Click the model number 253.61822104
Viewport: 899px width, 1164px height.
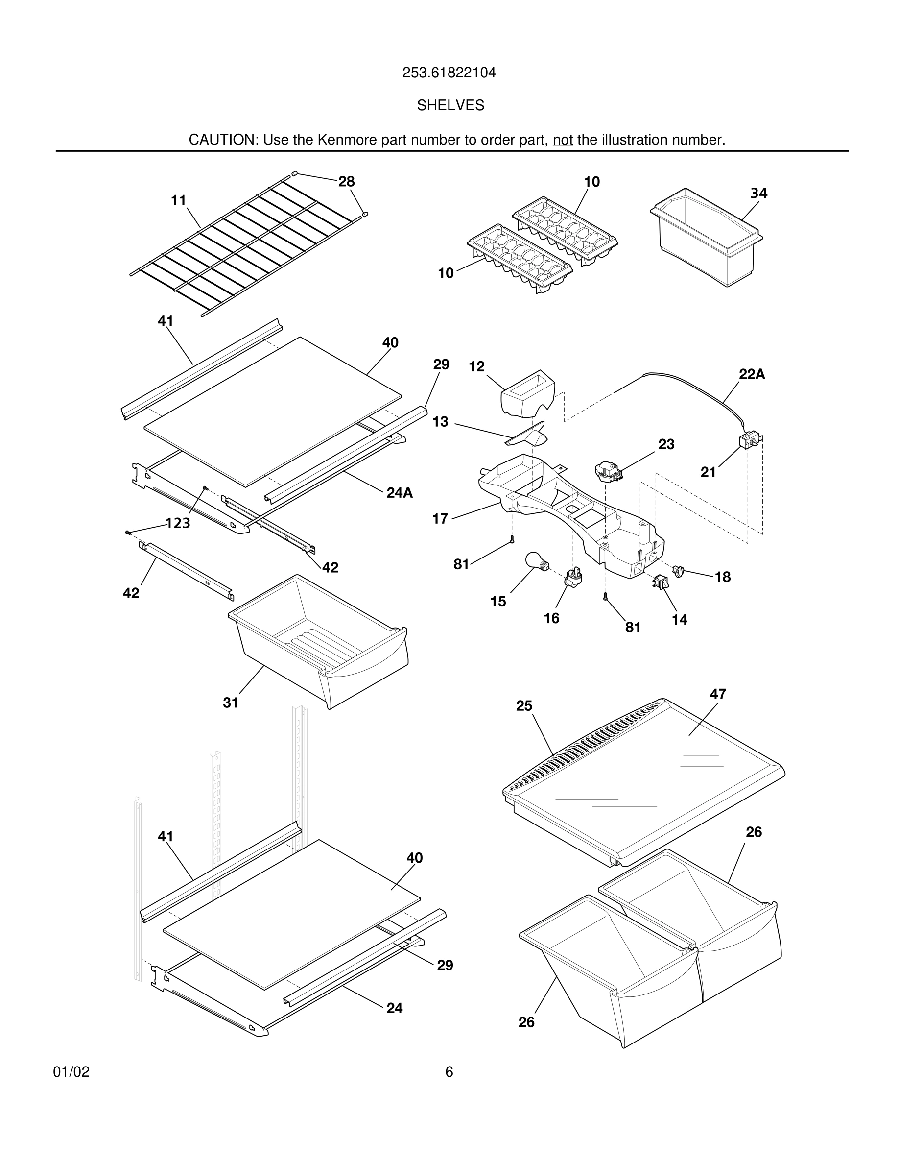tap(449, 73)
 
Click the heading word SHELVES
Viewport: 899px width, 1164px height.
tap(450, 105)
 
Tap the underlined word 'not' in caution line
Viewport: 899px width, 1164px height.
tap(563, 140)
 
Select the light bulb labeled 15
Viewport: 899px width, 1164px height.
tap(537, 562)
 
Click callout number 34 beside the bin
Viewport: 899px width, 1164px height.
tap(758, 193)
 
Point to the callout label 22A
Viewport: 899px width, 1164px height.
tap(752, 374)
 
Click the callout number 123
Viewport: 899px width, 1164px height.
tap(177, 523)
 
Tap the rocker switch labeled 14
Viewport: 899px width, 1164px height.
tap(660, 582)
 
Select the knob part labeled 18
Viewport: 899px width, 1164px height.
tap(678, 571)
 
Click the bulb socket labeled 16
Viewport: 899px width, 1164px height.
tap(573, 577)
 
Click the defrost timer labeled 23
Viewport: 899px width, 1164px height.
tap(607, 471)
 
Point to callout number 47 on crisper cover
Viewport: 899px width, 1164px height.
tap(717, 694)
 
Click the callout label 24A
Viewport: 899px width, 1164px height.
tap(400, 492)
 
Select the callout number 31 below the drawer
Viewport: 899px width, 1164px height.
tap(230, 703)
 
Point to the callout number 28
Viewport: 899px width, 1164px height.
tap(346, 181)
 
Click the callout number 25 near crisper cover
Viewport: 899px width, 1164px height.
tap(524, 705)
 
